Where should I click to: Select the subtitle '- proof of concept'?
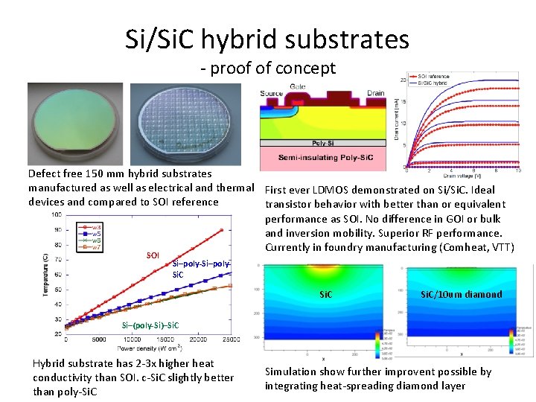[x=268, y=69]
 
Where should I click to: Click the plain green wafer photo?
[x=75, y=124]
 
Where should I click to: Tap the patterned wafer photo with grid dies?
[x=185, y=124]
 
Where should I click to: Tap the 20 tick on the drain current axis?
[x=403, y=80]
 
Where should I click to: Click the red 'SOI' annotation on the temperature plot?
[x=153, y=255]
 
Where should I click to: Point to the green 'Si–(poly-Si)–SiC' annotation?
[x=151, y=326]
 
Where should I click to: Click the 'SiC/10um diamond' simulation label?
[x=462, y=294]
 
